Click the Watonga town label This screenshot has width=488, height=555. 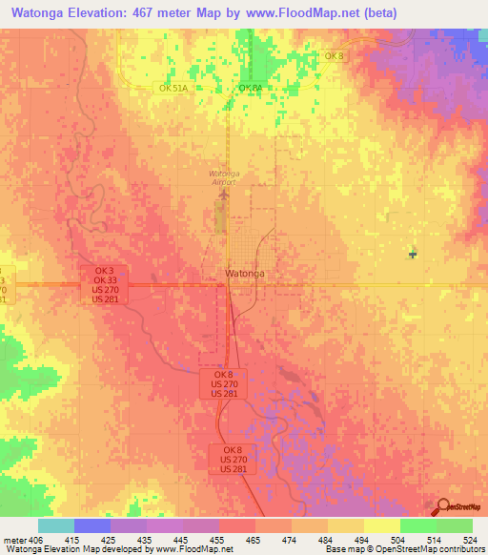[x=244, y=274]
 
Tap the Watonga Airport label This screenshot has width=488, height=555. [x=227, y=176]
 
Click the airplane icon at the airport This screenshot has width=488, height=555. [x=224, y=195]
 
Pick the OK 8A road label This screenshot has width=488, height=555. [x=250, y=88]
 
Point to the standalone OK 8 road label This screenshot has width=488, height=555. [x=334, y=56]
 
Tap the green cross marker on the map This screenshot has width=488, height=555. [x=413, y=254]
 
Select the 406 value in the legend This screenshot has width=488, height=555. [x=36, y=540]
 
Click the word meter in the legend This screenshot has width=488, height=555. [x=15, y=540]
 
